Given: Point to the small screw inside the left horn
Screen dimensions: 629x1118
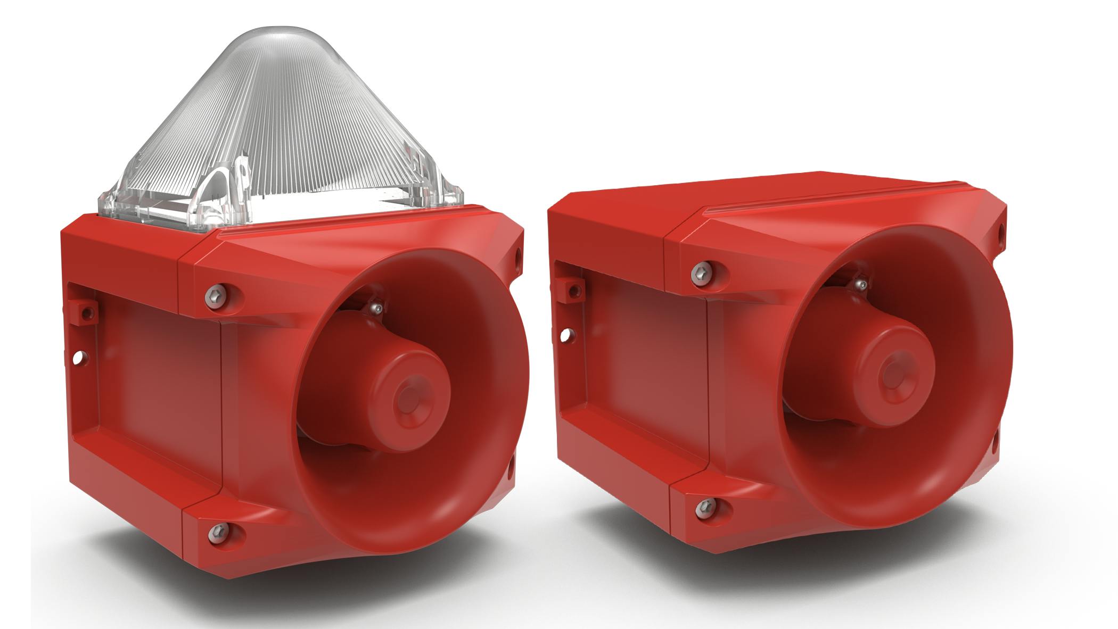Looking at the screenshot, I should (377, 308).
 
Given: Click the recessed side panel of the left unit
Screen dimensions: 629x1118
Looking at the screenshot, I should (160, 394).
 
